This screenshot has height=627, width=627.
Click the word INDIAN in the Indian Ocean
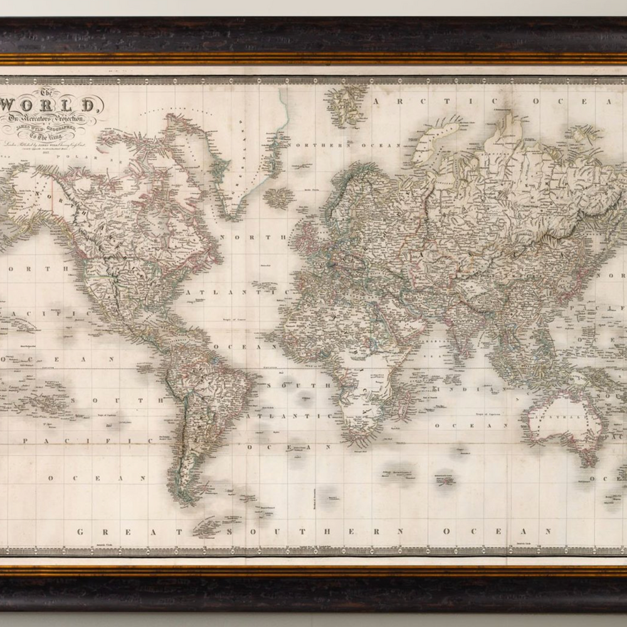474,389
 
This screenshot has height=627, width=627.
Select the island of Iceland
278,198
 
